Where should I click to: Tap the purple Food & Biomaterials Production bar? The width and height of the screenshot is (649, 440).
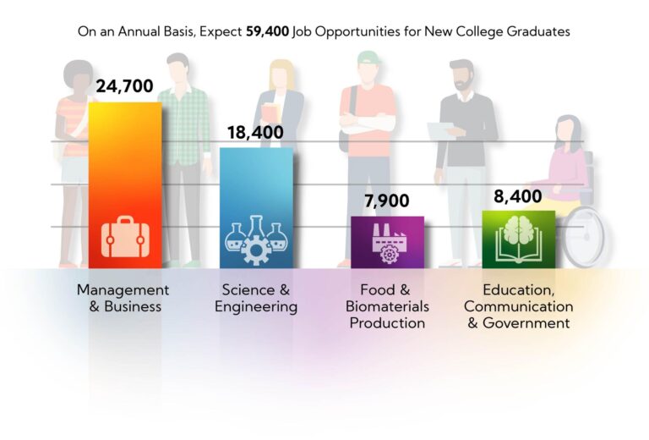[x=387, y=228]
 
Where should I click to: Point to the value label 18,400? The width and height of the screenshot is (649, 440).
[x=255, y=133]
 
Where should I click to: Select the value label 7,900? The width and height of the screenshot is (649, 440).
[x=386, y=201]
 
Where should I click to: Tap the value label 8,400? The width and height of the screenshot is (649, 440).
[x=517, y=196]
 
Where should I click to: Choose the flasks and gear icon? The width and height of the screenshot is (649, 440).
[x=256, y=239]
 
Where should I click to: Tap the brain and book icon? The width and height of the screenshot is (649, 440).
[x=518, y=241]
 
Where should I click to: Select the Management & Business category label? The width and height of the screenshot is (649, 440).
[x=123, y=298]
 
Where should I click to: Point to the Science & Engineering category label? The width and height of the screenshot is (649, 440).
[x=256, y=298]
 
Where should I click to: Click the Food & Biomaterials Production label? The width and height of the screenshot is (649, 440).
[x=387, y=306]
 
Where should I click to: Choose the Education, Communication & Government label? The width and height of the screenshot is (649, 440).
[x=518, y=306]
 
